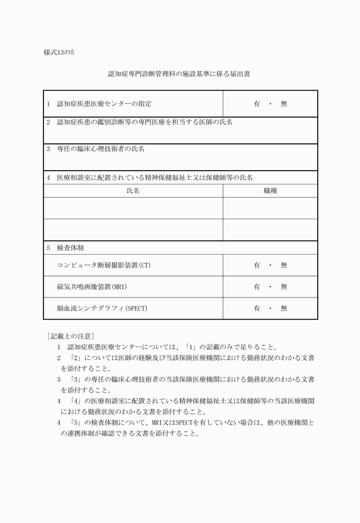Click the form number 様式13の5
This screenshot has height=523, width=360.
pos(59,52)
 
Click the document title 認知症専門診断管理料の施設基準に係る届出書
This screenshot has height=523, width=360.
pos(179,74)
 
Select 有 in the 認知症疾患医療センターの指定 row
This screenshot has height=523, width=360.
pos(257,104)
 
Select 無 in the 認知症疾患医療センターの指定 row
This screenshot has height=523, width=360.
pos(284,104)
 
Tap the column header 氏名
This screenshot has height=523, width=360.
pos(133,191)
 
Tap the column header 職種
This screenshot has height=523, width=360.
pos(270,191)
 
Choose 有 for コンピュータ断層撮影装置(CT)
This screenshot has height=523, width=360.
pos(257,265)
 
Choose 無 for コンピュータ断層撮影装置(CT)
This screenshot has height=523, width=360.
pos(284,265)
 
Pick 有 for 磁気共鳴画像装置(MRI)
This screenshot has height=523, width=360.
pos(257,287)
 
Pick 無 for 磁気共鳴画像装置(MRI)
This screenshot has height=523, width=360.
pos(284,287)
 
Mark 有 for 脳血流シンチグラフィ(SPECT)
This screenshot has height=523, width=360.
pos(257,308)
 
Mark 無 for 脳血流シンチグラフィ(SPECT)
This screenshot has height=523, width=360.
pos(284,308)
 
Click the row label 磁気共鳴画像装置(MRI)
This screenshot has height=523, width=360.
pos(92,287)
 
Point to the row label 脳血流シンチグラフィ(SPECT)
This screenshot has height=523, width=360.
pos(102,308)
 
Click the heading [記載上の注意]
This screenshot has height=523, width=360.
pos(70,335)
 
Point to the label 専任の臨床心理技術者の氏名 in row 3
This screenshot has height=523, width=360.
pos(101,148)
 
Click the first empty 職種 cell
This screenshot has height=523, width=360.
pos(270,208)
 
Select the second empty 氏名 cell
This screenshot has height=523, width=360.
pos(133,230)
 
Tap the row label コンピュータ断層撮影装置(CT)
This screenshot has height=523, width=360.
pos(103,265)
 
